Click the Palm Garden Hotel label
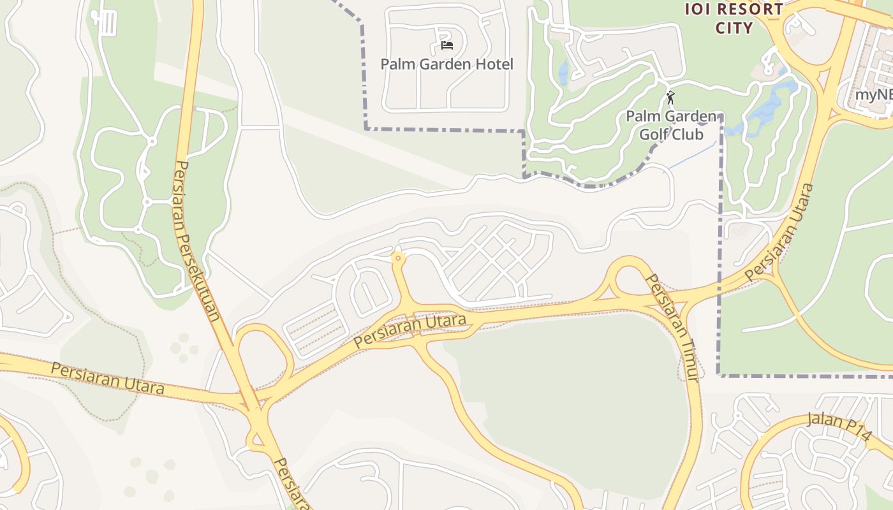point(447,64)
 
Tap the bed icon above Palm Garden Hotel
point(447,45)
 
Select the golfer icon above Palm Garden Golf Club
point(670,98)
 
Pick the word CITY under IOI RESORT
point(734,28)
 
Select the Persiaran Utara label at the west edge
point(108,379)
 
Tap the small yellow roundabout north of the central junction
point(399,258)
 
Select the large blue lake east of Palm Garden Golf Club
point(769,105)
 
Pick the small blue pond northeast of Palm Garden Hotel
point(563,72)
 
